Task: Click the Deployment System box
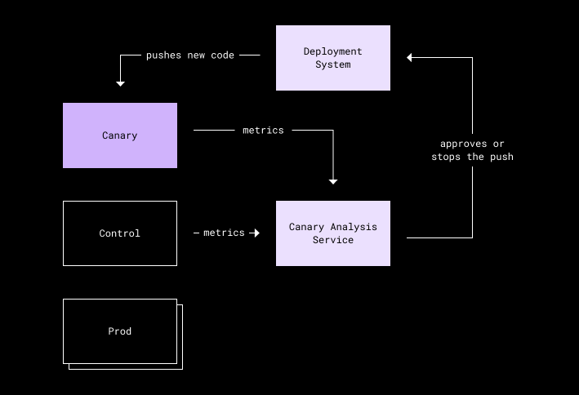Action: pyautogui.click(x=333, y=58)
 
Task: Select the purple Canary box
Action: pyautogui.click(x=120, y=135)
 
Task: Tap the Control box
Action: pyautogui.click(x=120, y=233)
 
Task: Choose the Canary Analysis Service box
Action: pyautogui.click(x=333, y=233)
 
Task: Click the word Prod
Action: pyautogui.click(x=120, y=331)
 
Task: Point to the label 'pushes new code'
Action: pyautogui.click(x=190, y=55)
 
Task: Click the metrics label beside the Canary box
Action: pyautogui.click(x=263, y=131)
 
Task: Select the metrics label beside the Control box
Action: pyautogui.click(x=224, y=233)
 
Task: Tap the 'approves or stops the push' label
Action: pyautogui.click(x=472, y=150)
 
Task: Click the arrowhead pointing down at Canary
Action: pyautogui.click(x=120, y=84)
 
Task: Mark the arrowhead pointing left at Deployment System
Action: pyautogui.click(x=409, y=58)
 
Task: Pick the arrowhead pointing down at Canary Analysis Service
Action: pyautogui.click(x=333, y=182)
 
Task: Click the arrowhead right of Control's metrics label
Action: pyautogui.click(x=256, y=233)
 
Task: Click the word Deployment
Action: pyautogui.click(x=332, y=51)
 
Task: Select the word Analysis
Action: pyautogui.click(x=354, y=227)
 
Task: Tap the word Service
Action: pyautogui.click(x=333, y=240)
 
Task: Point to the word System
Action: pyautogui.click(x=333, y=64)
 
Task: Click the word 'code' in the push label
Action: pyautogui.click(x=223, y=55)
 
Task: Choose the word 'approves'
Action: pyautogui.click(x=463, y=144)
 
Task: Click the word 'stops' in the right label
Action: pyautogui.click(x=446, y=157)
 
